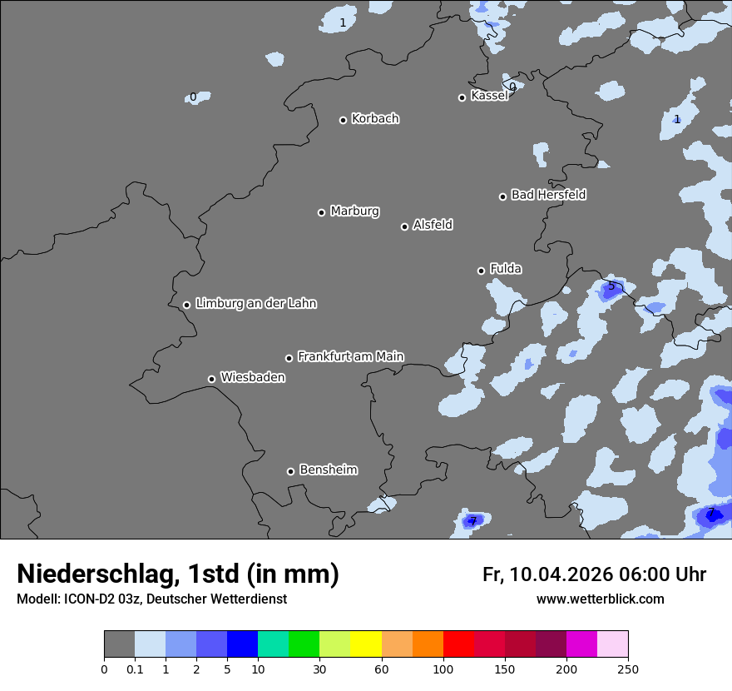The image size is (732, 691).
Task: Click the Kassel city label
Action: pos(489,96)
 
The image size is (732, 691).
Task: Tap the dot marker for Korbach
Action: pos(343,120)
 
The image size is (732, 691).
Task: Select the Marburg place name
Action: pos(354,211)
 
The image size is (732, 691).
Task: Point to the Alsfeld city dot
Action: pos(405,226)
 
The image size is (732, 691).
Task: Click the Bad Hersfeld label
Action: pos(548,195)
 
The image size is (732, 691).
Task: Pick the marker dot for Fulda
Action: pos(481,271)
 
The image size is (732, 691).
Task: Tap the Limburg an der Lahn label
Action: pos(255,303)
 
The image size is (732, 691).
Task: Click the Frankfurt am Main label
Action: pos(350,356)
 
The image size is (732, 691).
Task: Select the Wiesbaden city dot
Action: pos(211,379)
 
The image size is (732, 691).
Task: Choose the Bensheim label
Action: pos(328,470)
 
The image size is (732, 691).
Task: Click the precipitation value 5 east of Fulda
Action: pos(611,286)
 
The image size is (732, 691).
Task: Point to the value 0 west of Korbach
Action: pos(193,97)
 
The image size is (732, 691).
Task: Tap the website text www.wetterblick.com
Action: pos(600,599)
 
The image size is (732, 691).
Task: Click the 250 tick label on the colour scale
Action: pos(628,669)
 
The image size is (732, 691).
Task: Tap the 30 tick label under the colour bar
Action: pos(319,669)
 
